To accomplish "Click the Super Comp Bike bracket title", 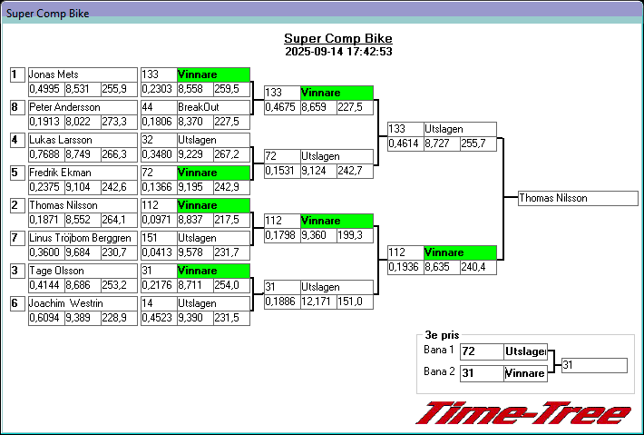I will point(337,38).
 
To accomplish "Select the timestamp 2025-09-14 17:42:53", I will point(337,52).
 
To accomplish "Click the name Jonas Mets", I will point(54,74).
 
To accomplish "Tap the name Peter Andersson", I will point(64,107).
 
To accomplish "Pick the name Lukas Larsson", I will point(61,140).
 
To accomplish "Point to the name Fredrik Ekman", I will point(60,173).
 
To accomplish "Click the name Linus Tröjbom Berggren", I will point(81,238).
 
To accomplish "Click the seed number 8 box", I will point(15,107).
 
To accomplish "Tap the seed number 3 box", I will point(15,271).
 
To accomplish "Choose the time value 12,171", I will point(318,302).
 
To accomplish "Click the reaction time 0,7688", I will point(45,154).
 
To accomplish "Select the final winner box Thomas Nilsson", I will point(578,198).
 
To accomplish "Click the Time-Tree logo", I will point(523,414).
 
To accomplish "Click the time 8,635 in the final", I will point(442,267).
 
